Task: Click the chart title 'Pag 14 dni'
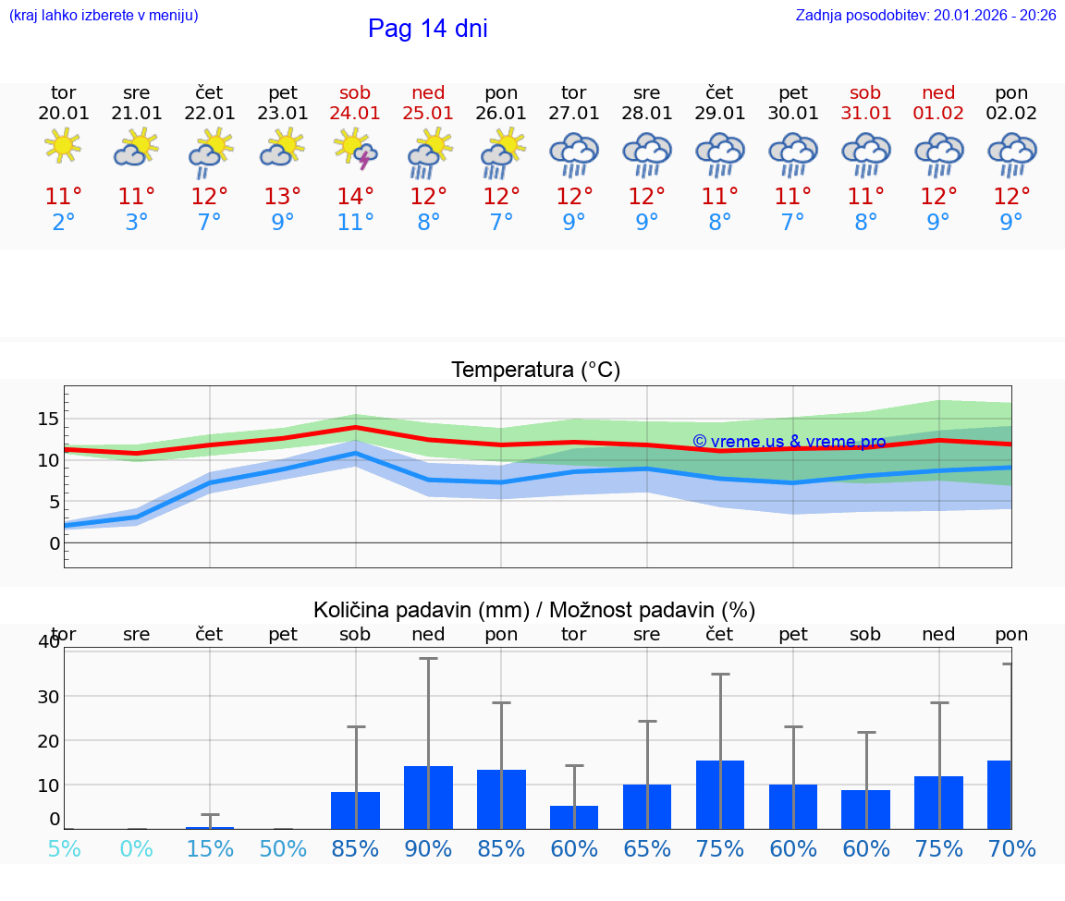[x=427, y=29]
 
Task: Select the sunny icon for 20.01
[x=63, y=146]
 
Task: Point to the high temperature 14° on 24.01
[x=355, y=196]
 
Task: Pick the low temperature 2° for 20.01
[x=63, y=222]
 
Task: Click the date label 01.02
[x=938, y=114]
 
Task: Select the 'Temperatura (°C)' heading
[x=535, y=371]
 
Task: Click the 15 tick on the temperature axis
[x=48, y=419]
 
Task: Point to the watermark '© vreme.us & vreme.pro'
[x=789, y=442]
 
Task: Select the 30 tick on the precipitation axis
[x=48, y=696]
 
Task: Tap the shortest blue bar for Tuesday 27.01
[x=573, y=817]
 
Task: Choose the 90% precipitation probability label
[x=428, y=848]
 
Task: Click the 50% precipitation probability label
[x=282, y=848]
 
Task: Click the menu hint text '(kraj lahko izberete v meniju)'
[x=104, y=16]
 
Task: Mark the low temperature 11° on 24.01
[x=355, y=222]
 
